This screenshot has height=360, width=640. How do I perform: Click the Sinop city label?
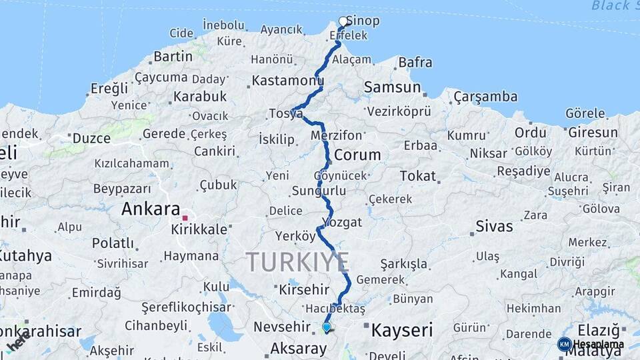(363, 21)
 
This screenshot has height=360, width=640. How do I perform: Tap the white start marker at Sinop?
(343, 22)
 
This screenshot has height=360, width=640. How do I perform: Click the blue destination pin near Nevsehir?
(326, 327)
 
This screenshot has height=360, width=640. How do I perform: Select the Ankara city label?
(151, 209)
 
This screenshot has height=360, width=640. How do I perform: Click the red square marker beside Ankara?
(185, 217)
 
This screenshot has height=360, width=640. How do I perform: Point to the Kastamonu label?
(288, 81)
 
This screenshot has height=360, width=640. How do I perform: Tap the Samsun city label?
(393, 87)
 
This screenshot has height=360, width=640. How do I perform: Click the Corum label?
(357, 155)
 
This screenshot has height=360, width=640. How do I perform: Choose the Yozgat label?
(341, 222)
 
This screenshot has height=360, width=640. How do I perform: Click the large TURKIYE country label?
(297, 261)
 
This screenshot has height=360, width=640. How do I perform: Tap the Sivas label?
(494, 226)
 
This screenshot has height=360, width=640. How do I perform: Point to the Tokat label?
(417, 176)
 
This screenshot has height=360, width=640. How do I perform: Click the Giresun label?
(593, 132)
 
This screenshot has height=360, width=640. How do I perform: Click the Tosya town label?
(285, 114)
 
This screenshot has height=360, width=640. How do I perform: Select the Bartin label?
(173, 57)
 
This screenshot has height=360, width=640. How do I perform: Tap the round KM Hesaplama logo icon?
(565, 344)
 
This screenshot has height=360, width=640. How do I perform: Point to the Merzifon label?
(337, 136)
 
